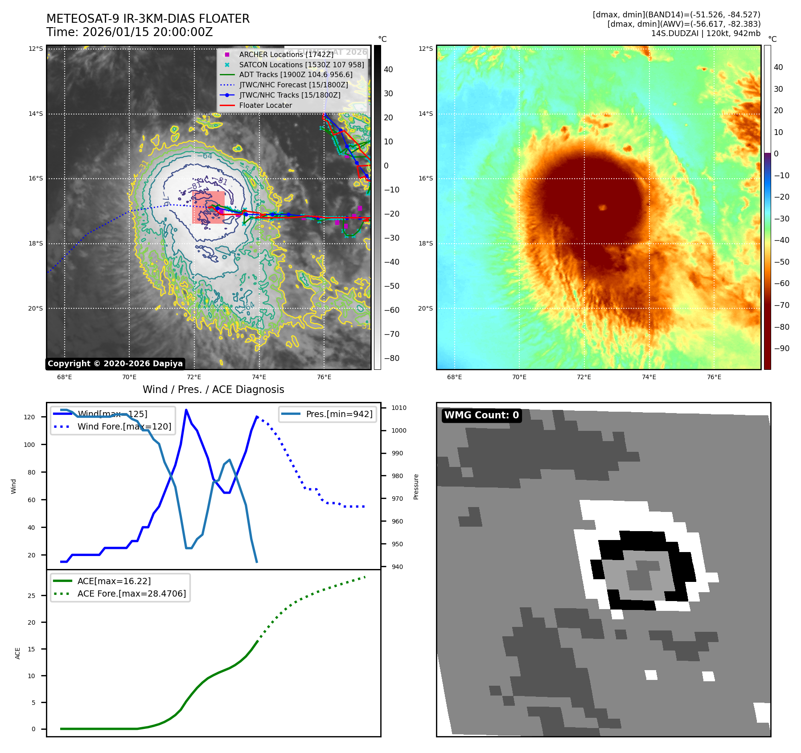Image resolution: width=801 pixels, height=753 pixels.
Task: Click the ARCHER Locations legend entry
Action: point(286,54)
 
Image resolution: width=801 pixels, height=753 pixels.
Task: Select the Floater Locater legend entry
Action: point(265,106)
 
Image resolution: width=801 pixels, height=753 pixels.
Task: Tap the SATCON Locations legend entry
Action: point(301,65)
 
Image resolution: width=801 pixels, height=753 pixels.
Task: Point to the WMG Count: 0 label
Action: point(481,415)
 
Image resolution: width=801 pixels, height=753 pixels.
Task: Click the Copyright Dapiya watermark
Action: point(115,364)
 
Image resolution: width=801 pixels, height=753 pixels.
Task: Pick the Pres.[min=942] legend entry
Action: point(339,414)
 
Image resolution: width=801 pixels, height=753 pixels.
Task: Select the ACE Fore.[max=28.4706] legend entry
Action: point(131,593)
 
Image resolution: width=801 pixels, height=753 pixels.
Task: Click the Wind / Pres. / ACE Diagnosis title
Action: point(213,389)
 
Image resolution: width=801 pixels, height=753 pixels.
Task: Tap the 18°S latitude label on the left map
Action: point(36,243)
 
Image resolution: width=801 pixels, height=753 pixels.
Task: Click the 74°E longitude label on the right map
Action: point(649,377)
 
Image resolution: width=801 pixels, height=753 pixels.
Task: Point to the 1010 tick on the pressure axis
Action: point(398,408)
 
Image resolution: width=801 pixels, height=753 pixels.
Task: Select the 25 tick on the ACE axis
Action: point(32,596)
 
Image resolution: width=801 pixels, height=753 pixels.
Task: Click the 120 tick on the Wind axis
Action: point(29,417)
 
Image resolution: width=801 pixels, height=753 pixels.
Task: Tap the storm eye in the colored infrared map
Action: point(602,207)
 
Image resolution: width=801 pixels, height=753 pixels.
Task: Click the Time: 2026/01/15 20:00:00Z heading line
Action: point(130,33)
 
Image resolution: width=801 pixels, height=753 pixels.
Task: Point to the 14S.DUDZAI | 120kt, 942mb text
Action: point(706,33)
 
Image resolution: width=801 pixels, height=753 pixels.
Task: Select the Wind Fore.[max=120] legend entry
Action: point(124,426)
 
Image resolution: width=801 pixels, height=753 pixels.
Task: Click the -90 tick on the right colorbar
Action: point(781,348)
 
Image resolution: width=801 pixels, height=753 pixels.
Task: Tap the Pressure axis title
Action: point(416,487)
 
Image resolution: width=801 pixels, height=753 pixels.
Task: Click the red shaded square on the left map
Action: point(208,207)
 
